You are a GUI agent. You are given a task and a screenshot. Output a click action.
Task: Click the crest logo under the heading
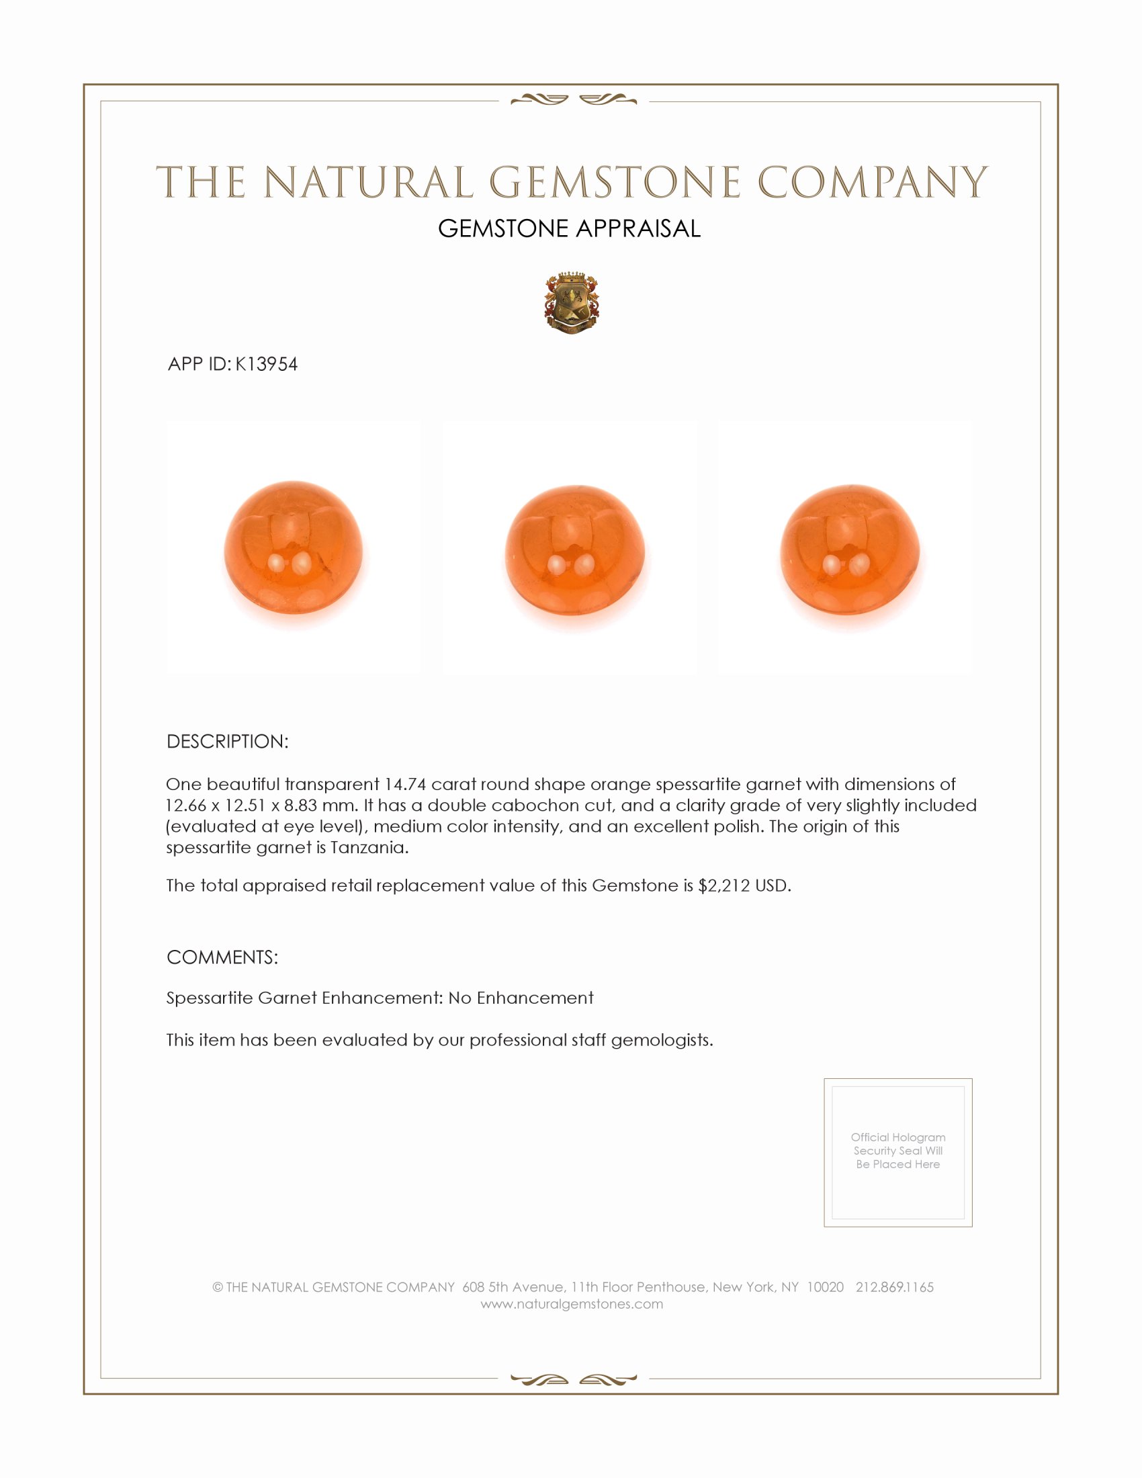pos(572,303)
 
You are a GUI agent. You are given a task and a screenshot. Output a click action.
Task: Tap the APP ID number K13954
pos(266,364)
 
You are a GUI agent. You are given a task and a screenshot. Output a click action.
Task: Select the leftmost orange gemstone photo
pos(293,548)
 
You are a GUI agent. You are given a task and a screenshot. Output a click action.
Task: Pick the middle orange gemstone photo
pos(574,550)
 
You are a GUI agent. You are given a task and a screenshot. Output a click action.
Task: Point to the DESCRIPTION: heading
pos(227,742)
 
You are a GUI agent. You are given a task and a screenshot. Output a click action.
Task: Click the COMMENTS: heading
pos(222,957)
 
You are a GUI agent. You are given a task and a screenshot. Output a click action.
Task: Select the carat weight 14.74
pos(404,784)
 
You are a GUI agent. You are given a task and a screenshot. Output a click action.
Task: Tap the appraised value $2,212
pos(725,886)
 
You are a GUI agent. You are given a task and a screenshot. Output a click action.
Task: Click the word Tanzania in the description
pos(369,847)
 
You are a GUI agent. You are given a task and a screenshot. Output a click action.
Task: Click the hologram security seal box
pos(897,1152)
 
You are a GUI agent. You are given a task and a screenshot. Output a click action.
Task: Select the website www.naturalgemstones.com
pos(572,1304)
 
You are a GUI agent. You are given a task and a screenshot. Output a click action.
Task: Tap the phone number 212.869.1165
pos(894,1287)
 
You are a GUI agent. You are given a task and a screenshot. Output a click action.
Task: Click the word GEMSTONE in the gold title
pos(615,182)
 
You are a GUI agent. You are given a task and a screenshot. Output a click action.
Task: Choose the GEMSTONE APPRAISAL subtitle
pos(569,228)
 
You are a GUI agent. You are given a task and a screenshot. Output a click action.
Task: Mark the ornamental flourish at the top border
pos(573,100)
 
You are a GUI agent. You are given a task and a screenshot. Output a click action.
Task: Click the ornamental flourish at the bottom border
pos(573,1379)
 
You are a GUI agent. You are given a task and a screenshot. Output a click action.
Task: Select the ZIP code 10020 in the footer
pos(825,1287)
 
